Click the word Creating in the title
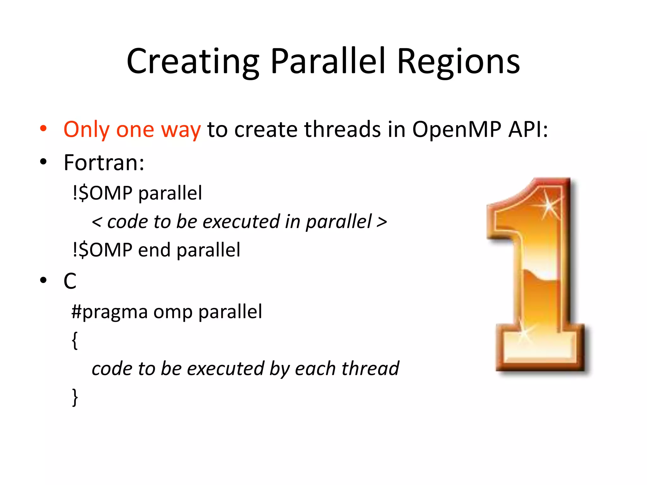193,62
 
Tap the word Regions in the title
458,62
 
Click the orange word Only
87,130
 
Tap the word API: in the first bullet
528,129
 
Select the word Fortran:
104,163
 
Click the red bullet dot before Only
43,129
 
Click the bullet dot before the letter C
43,280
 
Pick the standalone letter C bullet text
70,281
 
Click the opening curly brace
75,340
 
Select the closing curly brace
75,397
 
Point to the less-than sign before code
97,222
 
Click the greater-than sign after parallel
382,222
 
